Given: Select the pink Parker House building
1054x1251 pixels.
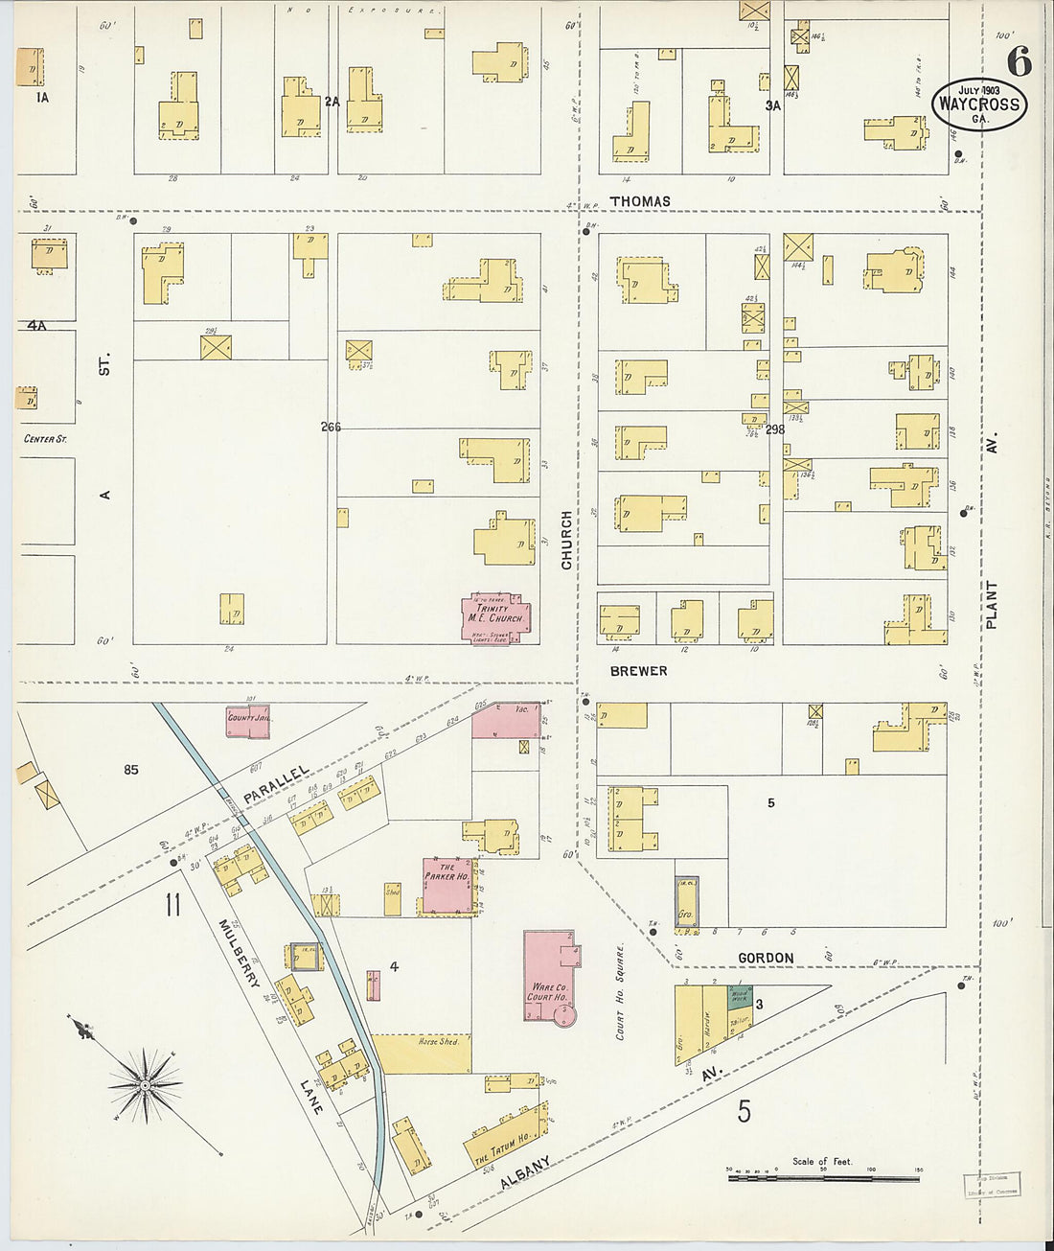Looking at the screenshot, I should pos(447,885).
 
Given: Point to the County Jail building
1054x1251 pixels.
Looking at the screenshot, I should pos(246,720).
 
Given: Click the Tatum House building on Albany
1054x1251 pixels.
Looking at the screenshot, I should pos(503,1141).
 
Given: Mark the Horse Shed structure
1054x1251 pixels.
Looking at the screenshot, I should pos(422,1053).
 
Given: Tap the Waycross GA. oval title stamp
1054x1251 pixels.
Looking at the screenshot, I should pos(978,104).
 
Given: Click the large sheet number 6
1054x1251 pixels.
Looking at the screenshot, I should pos(1019,62).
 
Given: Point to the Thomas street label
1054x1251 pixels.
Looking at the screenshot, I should pos(640,201).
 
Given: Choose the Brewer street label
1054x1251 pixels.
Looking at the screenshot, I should pos(638,671).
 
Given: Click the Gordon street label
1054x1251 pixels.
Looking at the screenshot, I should pos(766,958).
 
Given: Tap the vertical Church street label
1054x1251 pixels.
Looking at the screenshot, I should pos(566,540).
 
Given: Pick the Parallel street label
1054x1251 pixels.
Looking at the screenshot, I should pos(276,784).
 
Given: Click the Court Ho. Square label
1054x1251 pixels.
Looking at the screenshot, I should pos(621,991).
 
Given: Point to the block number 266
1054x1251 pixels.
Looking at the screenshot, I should pos(331,427).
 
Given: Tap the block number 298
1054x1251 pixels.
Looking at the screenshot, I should pos(774,429).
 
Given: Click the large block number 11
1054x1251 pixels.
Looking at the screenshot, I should pos(172,904).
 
